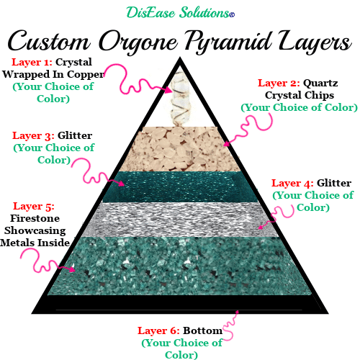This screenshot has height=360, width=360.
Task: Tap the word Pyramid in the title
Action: tap(229, 42)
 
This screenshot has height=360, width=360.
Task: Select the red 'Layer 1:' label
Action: tap(32, 62)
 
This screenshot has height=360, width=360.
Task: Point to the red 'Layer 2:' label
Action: tap(279, 83)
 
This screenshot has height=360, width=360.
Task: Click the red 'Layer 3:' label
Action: tap(33, 135)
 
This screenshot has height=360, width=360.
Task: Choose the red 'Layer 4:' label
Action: tap(292, 183)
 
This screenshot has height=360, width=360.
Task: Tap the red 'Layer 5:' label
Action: tap(34, 206)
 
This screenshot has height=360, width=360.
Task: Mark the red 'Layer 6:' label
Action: tap(158, 330)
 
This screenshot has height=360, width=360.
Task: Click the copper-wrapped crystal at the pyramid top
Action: tap(179, 99)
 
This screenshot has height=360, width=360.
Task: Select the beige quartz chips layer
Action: tap(180, 149)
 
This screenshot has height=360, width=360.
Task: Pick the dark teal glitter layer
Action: tap(180, 186)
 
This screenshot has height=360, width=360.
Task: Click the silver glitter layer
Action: tap(180, 220)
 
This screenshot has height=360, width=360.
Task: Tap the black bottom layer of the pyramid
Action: tap(180, 303)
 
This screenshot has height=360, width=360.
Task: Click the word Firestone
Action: tap(35, 218)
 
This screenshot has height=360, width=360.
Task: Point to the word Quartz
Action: tap(320, 83)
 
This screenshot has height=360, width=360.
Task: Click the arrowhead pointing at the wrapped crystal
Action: tap(168, 90)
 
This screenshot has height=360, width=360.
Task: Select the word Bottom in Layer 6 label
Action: tap(202, 330)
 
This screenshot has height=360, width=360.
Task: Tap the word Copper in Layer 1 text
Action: tap(85, 75)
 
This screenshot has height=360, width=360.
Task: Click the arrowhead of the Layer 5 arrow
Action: tap(72, 269)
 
